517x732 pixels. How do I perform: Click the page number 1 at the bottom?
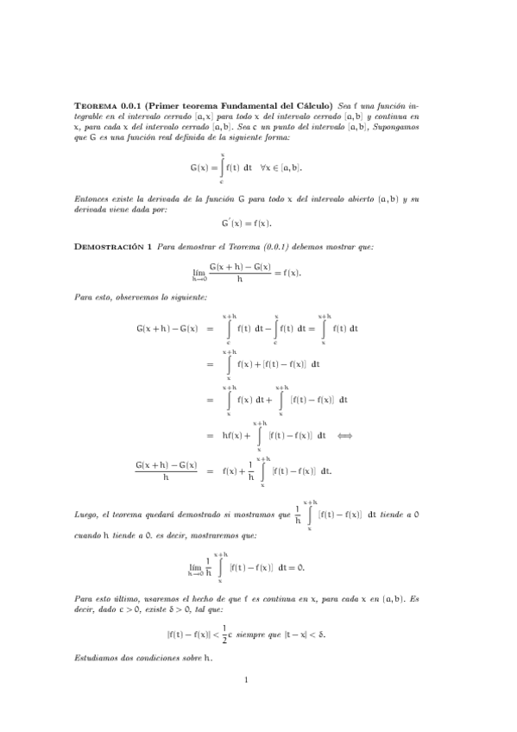point(247,680)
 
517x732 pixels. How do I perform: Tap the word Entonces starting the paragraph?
point(91,199)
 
